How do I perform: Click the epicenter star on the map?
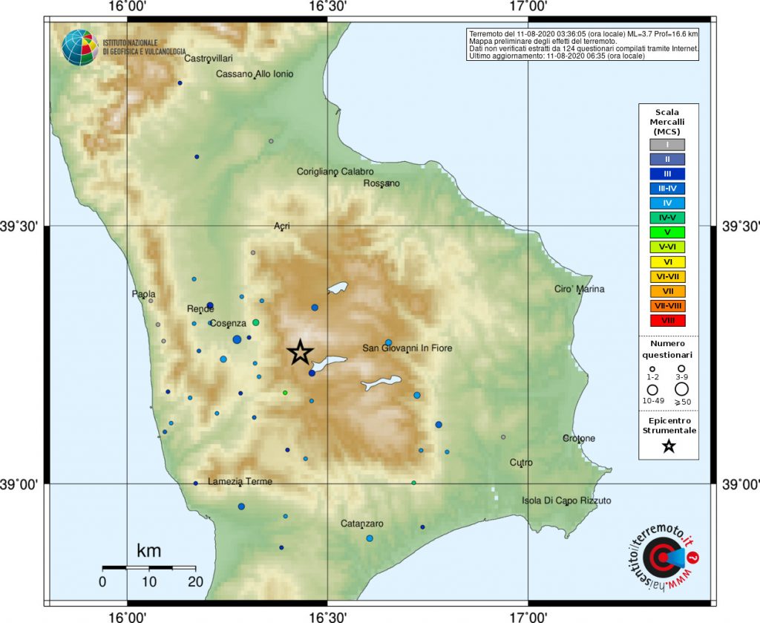(x=300, y=353)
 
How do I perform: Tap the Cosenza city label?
(x=228, y=324)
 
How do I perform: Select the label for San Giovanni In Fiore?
(x=407, y=348)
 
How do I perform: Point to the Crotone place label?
(x=578, y=438)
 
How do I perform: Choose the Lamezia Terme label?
(x=240, y=481)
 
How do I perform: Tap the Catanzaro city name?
(x=361, y=523)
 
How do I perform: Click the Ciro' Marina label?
(x=580, y=289)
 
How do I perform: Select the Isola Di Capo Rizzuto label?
(x=566, y=500)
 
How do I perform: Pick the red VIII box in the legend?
(x=669, y=321)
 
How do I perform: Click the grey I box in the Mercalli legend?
(x=669, y=145)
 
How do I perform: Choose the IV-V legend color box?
(x=669, y=218)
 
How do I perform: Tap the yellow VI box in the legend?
(x=669, y=261)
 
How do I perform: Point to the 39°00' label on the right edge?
(x=739, y=484)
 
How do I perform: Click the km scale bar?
(x=148, y=568)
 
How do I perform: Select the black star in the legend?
(x=669, y=446)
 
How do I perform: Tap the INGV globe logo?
(x=79, y=48)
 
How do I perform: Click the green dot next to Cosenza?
(x=255, y=323)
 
